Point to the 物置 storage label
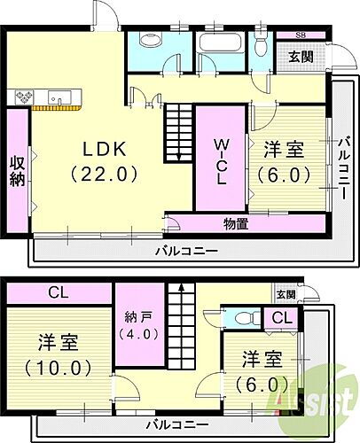coord(235,223)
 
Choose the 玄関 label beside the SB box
coord(300,56)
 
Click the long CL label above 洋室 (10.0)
coord(59,292)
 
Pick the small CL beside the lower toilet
coord(281,318)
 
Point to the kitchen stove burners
coord(23,97)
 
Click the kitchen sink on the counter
coord(59,97)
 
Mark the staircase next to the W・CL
coord(179,130)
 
